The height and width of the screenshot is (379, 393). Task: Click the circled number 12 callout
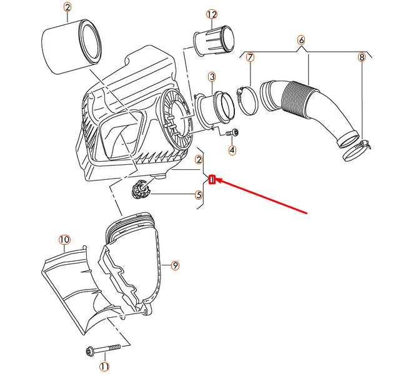click(212, 14)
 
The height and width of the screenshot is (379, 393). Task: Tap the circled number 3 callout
click(212, 77)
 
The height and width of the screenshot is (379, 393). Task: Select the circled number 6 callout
click(301, 40)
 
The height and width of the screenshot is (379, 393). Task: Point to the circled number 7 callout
click(250, 57)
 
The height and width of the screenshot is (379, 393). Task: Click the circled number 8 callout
click(361, 57)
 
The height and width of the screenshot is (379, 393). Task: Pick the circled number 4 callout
click(232, 150)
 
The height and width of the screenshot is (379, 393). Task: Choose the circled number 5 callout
click(199, 195)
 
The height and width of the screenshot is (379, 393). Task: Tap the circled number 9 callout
click(175, 265)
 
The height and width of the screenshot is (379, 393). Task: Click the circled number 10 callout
click(64, 240)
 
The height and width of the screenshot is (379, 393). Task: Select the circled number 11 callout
click(104, 367)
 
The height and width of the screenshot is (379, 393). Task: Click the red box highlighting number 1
click(212, 179)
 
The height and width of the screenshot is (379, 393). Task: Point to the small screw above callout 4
click(232, 132)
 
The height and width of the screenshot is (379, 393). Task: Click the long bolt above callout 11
click(103, 349)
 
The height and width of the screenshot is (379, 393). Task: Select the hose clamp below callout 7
click(247, 100)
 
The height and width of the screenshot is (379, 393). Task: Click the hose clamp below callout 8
click(356, 150)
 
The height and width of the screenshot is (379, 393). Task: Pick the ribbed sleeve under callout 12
click(214, 41)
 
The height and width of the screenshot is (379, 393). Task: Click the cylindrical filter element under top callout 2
click(71, 47)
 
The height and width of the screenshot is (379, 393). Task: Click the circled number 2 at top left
click(67, 7)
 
